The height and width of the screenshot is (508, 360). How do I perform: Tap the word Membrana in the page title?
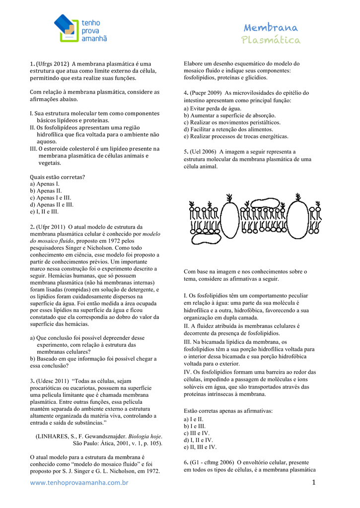click(x=271, y=28)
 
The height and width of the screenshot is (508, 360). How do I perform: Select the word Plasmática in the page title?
click(x=271, y=40)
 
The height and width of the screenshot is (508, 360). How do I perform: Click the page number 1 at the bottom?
click(x=314, y=482)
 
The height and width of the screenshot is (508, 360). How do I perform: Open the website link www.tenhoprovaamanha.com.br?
click(x=79, y=483)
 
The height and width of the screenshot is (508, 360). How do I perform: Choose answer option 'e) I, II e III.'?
click(x=44, y=211)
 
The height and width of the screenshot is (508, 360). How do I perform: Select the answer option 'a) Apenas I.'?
click(x=45, y=184)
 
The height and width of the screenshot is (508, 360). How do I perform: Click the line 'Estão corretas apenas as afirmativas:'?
click(x=228, y=411)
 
